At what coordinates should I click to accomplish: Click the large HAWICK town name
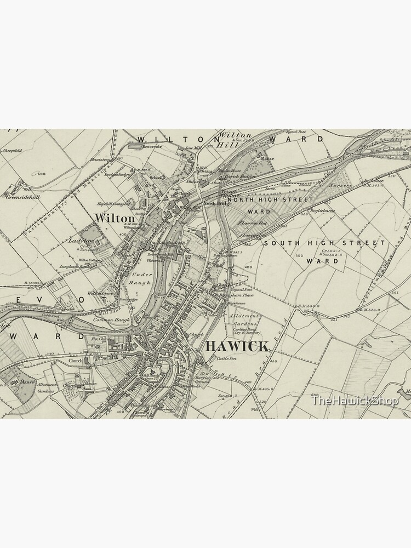[x=237, y=346]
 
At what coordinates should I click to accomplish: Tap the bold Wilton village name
[x=114, y=218]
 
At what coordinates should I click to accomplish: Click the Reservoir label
[x=150, y=147]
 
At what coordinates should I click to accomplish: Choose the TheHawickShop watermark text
[x=355, y=401]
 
